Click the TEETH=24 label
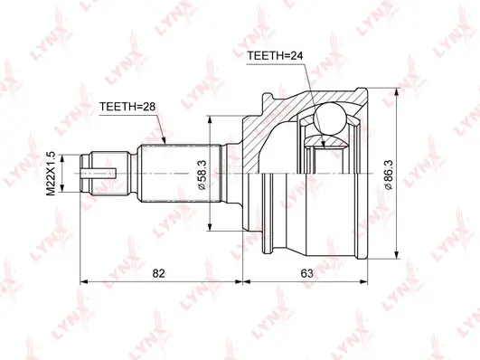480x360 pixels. click(275, 57)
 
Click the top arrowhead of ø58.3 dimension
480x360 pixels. click(210, 119)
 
